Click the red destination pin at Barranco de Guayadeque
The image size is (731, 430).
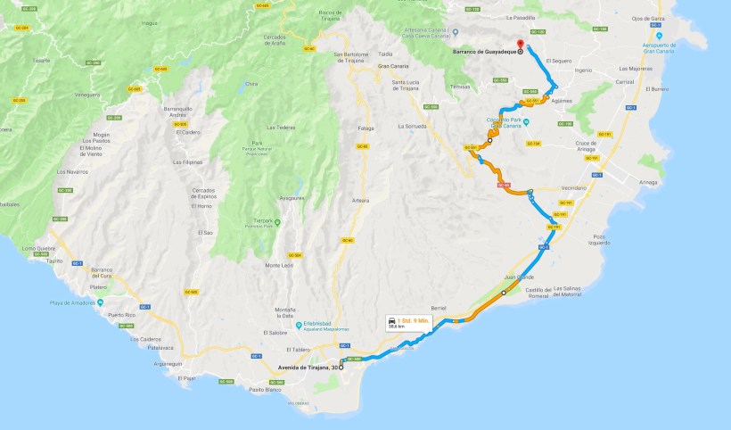522,45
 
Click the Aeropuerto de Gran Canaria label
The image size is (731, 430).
656,46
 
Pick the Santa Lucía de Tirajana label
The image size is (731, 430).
413,85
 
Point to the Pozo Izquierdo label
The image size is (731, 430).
599,240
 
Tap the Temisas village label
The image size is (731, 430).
460,87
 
